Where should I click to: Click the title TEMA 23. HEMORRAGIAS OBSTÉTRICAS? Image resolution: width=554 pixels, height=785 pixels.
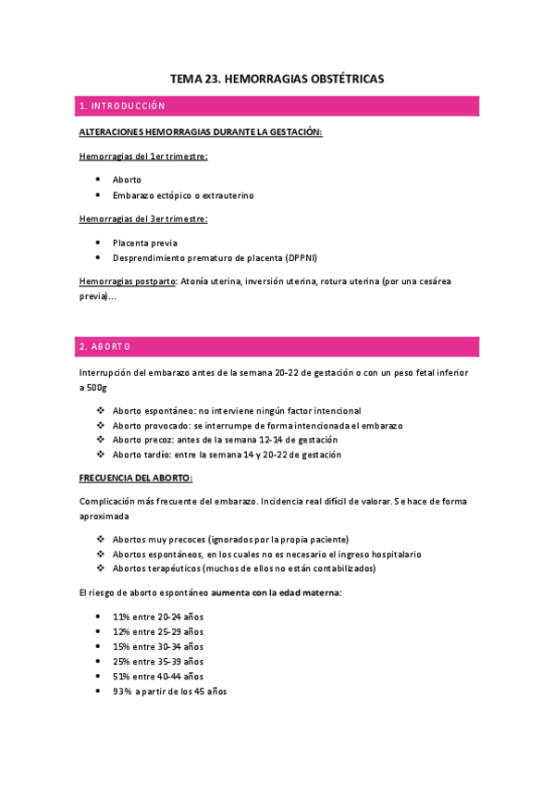coord(277,80)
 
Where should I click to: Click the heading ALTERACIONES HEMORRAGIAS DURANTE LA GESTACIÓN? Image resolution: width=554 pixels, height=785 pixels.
coord(201,132)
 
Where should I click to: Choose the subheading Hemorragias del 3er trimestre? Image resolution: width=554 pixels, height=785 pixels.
coord(142,218)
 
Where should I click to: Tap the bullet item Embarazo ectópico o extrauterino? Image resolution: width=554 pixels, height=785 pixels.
coord(182,195)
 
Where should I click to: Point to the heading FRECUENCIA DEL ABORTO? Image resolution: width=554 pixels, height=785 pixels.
coord(136,478)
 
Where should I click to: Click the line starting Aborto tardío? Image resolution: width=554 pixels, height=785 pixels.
coord(227,455)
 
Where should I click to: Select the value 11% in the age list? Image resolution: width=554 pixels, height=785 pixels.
coord(121,617)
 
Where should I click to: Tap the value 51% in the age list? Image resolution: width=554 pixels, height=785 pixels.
coord(121,676)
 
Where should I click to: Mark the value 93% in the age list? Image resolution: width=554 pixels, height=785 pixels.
coord(122,691)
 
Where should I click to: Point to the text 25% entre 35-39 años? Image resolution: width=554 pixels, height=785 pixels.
coord(158,661)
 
